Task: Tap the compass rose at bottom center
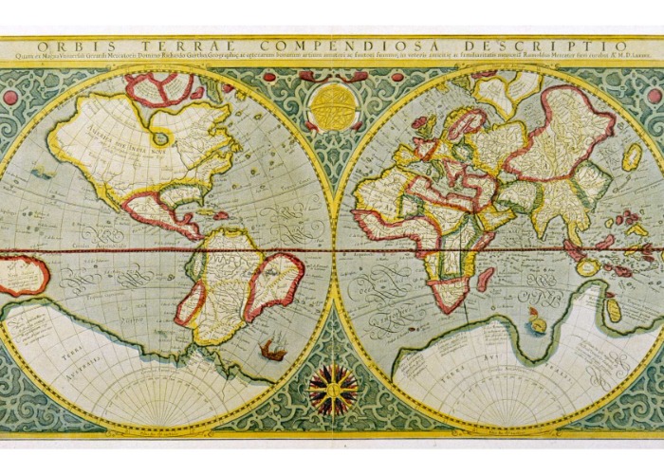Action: (x=333, y=386)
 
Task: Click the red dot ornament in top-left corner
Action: (x=10, y=97)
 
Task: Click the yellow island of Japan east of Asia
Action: (x=632, y=157)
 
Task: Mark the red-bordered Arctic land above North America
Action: (x=159, y=90)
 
